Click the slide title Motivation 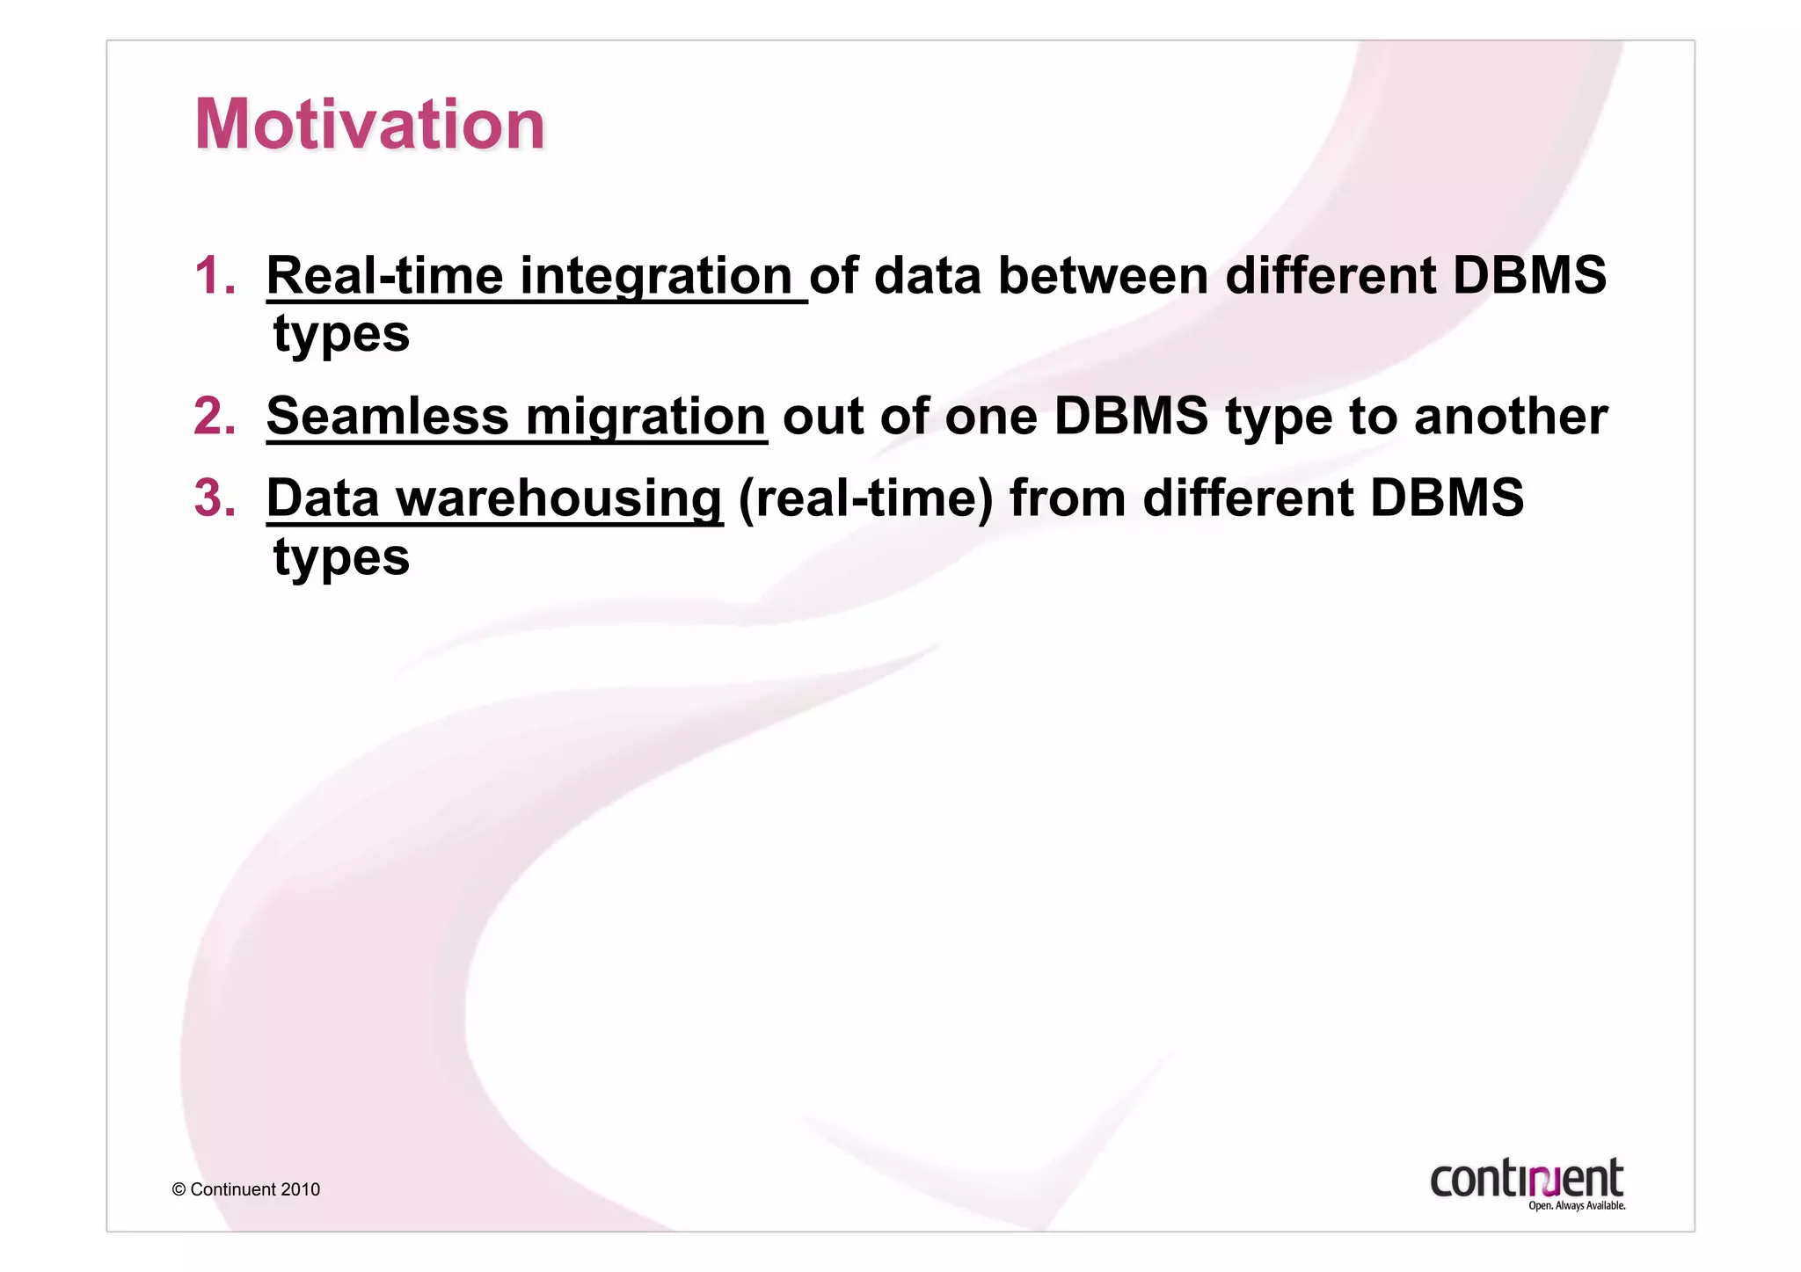tap(369, 124)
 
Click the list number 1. tap(215, 276)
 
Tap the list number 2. tap(215, 416)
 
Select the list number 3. tap(215, 498)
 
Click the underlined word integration tap(656, 276)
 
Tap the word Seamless tap(388, 416)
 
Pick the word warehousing tap(559, 498)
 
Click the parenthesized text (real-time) tap(865, 498)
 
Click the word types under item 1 tap(341, 335)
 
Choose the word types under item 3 tap(341, 558)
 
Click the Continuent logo tap(1526, 1178)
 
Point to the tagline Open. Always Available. tap(1576, 1206)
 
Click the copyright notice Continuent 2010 tap(246, 1189)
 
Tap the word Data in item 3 tap(323, 498)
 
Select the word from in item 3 tap(1067, 498)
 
